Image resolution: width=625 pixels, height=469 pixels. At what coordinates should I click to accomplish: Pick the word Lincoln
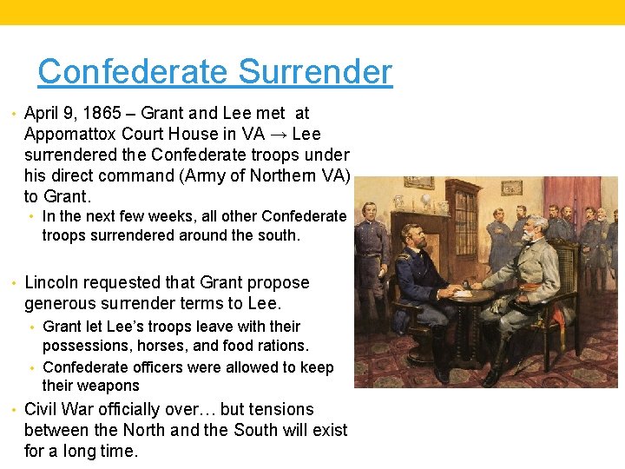tap(54, 282)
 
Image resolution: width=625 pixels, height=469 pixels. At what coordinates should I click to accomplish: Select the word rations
tap(278, 346)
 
